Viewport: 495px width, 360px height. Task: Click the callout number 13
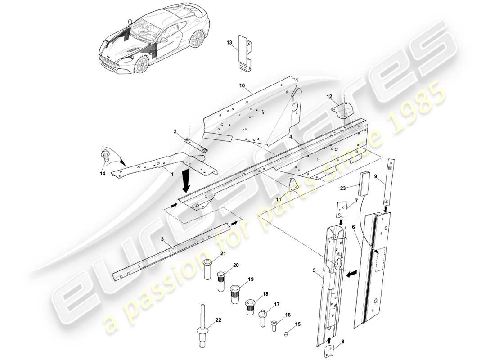click(x=229, y=43)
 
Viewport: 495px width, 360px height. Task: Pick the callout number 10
click(x=242, y=85)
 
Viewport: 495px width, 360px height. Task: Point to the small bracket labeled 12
click(x=342, y=110)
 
